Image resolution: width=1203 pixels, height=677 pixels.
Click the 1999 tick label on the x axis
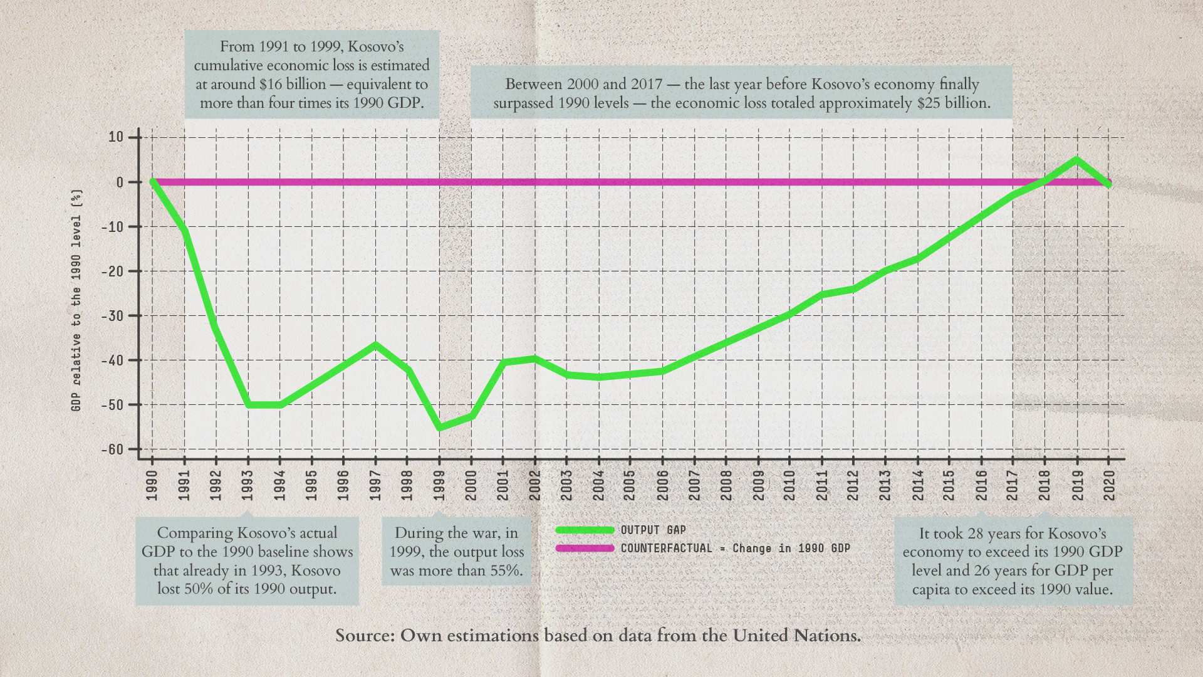[439, 486]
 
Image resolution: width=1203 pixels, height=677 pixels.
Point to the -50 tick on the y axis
[113, 405]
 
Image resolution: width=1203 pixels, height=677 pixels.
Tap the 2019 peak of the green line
[1077, 159]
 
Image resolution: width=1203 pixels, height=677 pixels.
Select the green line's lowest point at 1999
[439, 428]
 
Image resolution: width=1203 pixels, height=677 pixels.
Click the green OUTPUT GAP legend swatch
[585, 530]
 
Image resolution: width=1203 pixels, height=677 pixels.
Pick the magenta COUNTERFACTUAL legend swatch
[585, 548]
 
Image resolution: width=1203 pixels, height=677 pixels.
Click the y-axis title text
[76, 300]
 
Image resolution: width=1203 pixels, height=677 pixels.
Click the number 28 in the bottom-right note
[976, 533]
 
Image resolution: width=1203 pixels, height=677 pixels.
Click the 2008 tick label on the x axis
[726, 486]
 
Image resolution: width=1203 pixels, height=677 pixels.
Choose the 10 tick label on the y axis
[116, 137]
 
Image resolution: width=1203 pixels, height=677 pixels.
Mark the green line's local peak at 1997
[375, 344]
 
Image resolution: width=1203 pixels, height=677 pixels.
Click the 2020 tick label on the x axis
[1109, 486]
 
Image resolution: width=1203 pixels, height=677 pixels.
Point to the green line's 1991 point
[184, 231]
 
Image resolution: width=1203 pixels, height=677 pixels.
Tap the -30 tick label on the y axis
[113, 316]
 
